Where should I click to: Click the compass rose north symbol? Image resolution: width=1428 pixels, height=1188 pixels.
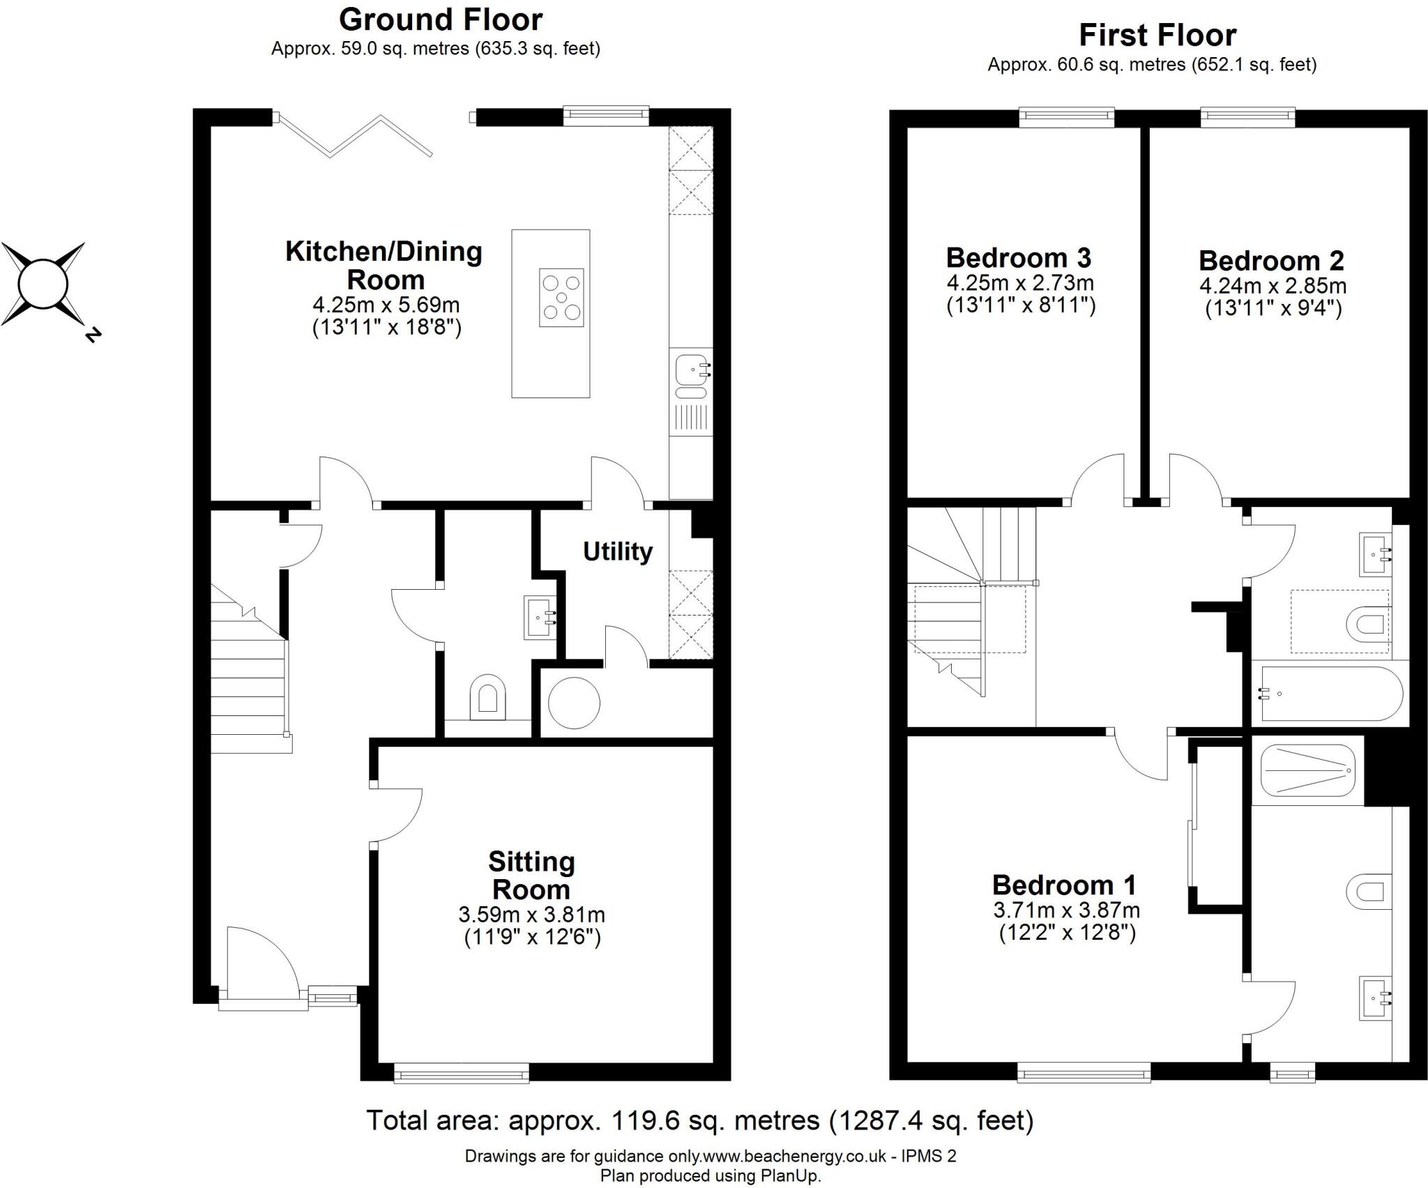(x=43, y=284)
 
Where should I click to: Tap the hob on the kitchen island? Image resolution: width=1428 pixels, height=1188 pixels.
(x=561, y=298)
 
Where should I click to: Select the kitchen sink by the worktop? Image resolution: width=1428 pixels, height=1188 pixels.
(x=691, y=370)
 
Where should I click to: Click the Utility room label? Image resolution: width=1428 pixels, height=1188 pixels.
(x=618, y=551)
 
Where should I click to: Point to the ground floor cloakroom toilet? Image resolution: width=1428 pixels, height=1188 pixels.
(x=487, y=696)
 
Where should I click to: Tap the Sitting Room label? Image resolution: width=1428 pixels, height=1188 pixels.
(x=531, y=876)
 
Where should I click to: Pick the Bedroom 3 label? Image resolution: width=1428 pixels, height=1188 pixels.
(x=1018, y=258)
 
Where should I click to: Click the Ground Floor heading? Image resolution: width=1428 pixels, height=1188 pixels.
(x=441, y=20)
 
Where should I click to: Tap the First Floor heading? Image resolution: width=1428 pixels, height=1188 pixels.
(x=1157, y=35)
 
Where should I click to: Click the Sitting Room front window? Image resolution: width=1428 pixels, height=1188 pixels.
(x=461, y=1072)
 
